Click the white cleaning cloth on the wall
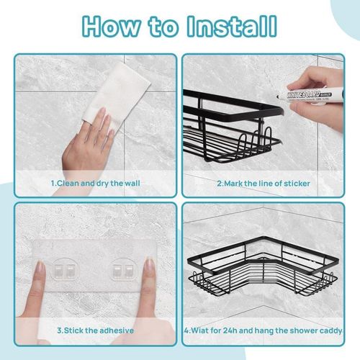pyautogui.click(x=119, y=90)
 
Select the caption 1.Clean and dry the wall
pyautogui.click(x=95, y=184)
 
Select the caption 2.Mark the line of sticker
pyautogui.click(x=264, y=184)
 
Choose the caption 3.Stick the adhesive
pyautogui.click(x=96, y=331)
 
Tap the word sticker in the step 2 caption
pyautogui.click(x=296, y=184)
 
